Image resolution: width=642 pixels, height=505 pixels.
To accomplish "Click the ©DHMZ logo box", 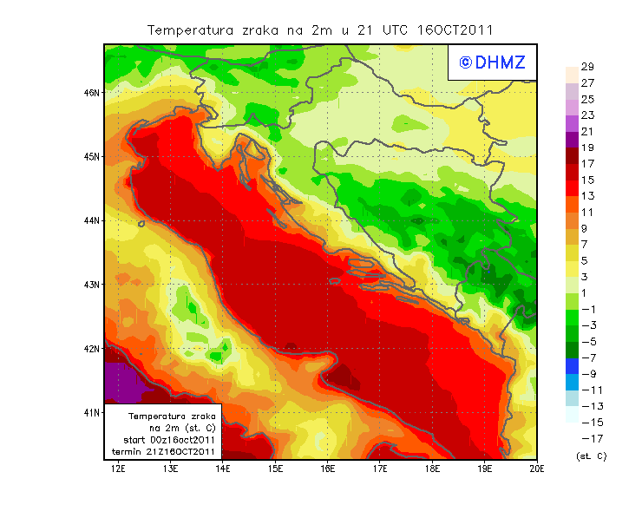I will [x=492, y=62].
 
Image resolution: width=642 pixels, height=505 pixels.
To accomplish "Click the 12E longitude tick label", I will [x=118, y=469].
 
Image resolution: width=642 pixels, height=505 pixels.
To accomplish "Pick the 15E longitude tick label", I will [x=275, y=469].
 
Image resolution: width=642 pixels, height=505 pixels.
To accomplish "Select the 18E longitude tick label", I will [x=432, y=469].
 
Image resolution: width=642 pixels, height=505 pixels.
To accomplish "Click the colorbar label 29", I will [x=586, y=67].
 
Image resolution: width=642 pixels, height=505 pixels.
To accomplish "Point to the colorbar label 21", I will [x=586, y=132].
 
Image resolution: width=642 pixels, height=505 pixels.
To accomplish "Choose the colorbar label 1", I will [x=587, y=292].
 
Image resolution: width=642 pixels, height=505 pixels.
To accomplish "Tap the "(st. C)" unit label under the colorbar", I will [x=591, y=456].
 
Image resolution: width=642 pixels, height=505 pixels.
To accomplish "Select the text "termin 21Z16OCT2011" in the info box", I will [x=164, y=452].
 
